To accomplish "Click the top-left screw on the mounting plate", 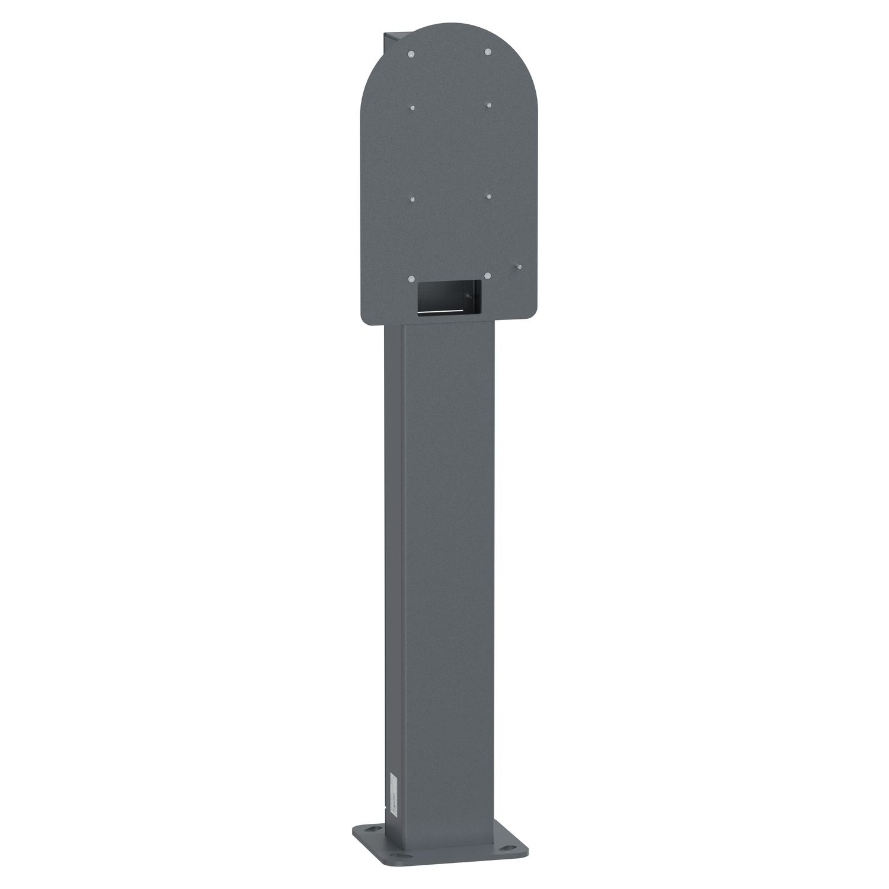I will [x=411, y=55].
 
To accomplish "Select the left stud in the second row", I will [x=412, y=108].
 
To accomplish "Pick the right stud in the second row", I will [x=488, y=105].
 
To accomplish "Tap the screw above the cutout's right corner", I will [x=487, y=276].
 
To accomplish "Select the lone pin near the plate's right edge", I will [x=518, y=267].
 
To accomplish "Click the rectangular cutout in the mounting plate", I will [x=450, y=296].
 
